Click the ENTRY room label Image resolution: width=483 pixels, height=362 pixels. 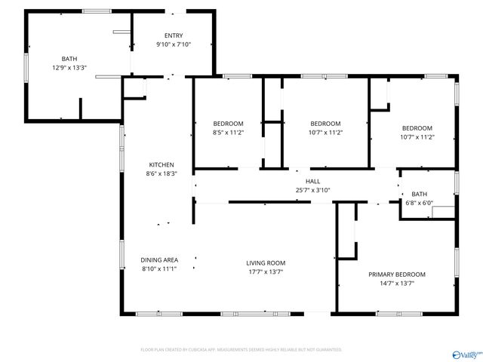[x=174, y=35]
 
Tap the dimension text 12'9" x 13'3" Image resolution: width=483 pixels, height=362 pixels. [x=69, y=67]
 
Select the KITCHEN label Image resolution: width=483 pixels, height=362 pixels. [x=162, y=165]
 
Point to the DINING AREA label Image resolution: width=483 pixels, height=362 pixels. [x=159, y=260]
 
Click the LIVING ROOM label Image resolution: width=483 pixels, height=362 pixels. [x=266, y=263]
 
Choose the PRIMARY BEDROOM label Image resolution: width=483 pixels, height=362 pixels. [x=396, y=275]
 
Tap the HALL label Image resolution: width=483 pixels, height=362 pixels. [x=312, y=182]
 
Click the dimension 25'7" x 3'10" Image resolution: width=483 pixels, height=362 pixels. [x=312, y=190]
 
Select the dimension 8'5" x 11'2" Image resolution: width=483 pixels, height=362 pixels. [x=228, y=132]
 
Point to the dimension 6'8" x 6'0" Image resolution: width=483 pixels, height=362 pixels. [x=419, y=202]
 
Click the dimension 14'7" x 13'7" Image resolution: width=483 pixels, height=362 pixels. [x=396, y=283]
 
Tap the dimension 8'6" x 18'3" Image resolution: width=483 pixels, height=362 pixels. [x=162, y=173]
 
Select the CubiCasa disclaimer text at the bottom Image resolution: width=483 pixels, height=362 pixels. [x=241, y=350]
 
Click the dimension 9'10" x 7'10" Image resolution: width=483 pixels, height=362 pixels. [x=174, y=44]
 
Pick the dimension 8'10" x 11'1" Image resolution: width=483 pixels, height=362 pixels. [x=159, y=268]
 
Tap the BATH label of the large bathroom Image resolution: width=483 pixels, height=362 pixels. [x=69, y=59]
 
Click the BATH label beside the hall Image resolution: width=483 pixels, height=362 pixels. [x=419, y=194]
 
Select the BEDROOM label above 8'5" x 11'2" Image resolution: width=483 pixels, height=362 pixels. [x=228, y=124]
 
